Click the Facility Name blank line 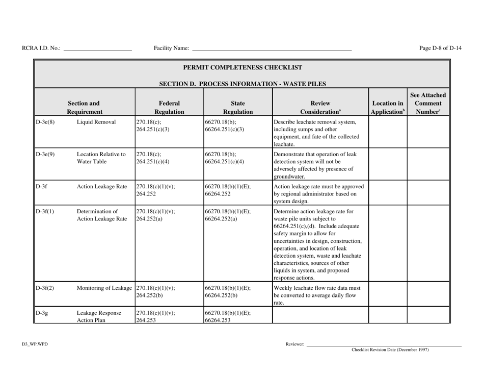tap(272, 49)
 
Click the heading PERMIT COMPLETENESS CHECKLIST tap(242, 67)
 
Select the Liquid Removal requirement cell tap(96, 122)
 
